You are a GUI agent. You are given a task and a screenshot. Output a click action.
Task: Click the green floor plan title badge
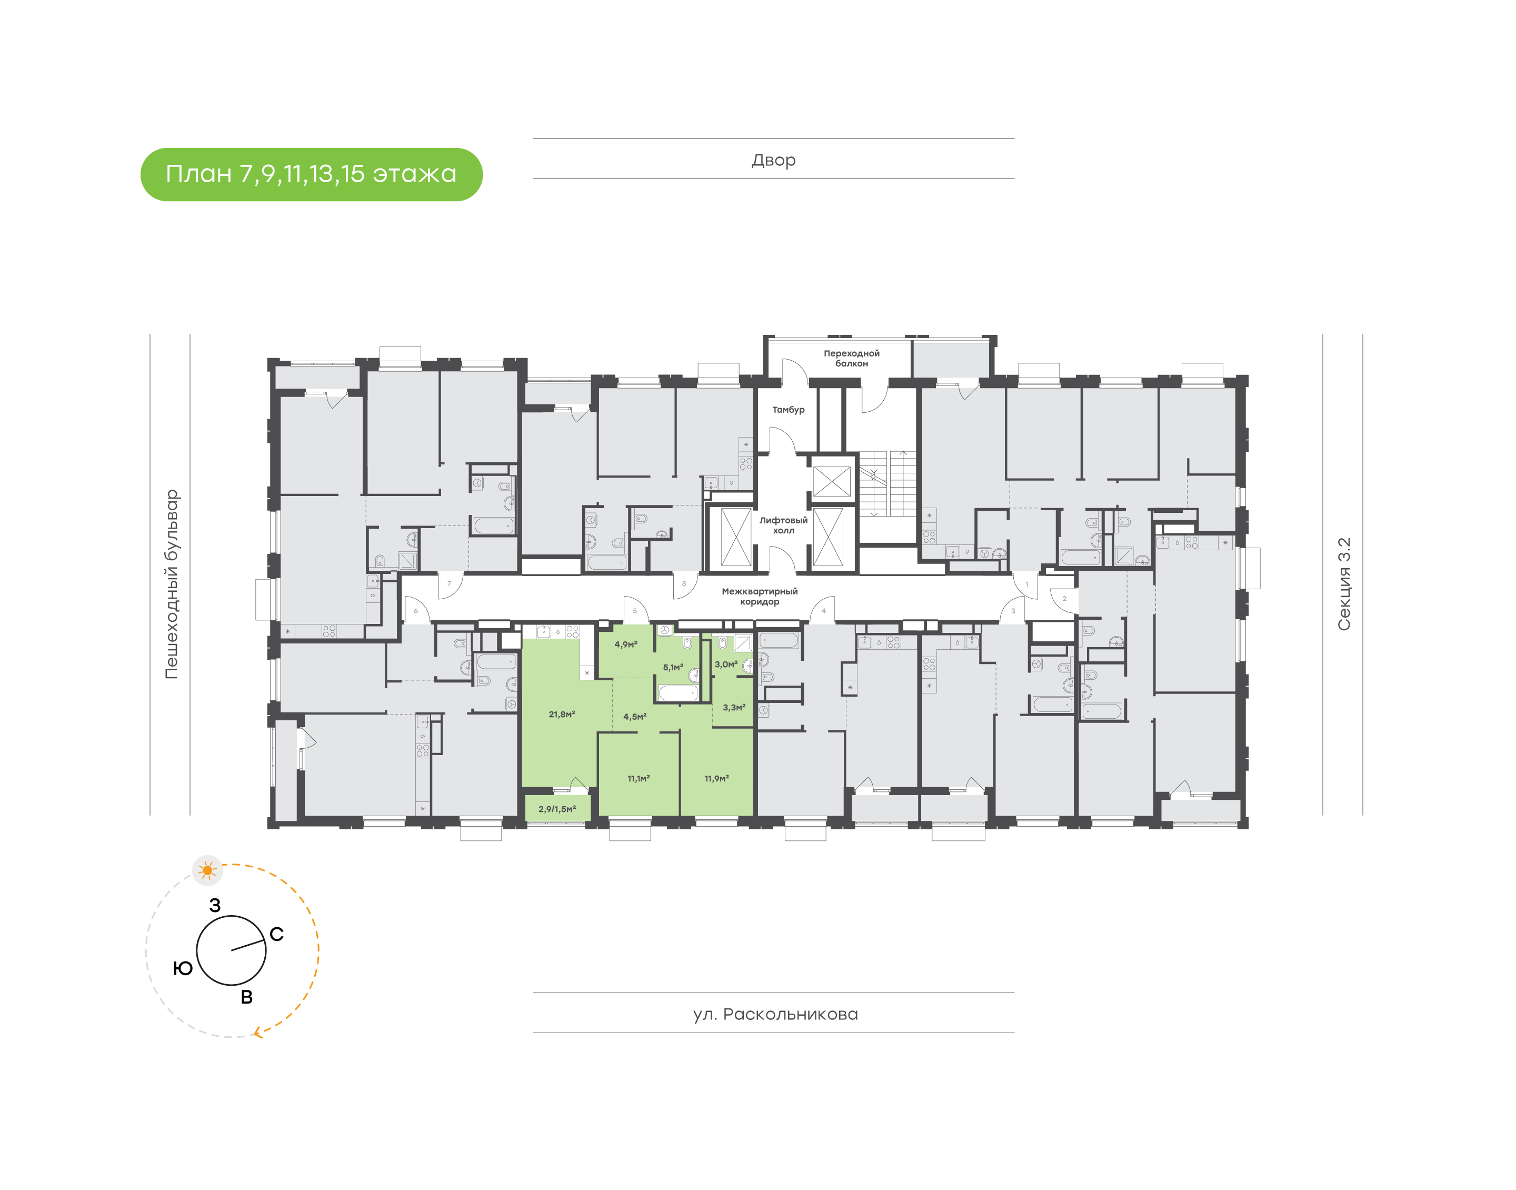click(x=311, y=174)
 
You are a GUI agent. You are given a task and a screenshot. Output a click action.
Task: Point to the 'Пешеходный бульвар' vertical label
click(x=171, y=584)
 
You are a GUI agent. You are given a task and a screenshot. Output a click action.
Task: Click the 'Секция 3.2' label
click(x=1343, y=584)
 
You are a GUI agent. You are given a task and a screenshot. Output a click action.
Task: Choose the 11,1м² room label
click(x=638, y=778)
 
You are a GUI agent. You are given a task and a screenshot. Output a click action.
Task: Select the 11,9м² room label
click(x=716, y=778)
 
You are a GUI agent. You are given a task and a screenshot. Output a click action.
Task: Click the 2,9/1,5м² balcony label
click(x=556, y=809)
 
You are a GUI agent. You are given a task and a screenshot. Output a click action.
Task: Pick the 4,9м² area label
click(x=625, y=644)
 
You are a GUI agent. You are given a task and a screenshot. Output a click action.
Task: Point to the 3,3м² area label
click(x=733, y=707)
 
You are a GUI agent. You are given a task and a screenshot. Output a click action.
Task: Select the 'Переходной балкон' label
click(x=851, y=358)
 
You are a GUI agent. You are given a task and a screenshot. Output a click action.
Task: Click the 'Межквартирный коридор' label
click(x=759, y=597)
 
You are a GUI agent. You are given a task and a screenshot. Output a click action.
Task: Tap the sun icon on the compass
click(x=207, y=870)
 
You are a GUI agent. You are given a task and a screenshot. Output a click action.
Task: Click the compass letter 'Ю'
click(x=183, y=968)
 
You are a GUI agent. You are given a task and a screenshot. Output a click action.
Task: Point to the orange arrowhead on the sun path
click(x=257, y=1032)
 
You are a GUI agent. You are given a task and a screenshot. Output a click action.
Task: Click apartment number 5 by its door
click(x=634, y=611)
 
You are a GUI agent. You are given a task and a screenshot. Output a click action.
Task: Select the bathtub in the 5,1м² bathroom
click(x=677, y=692)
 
